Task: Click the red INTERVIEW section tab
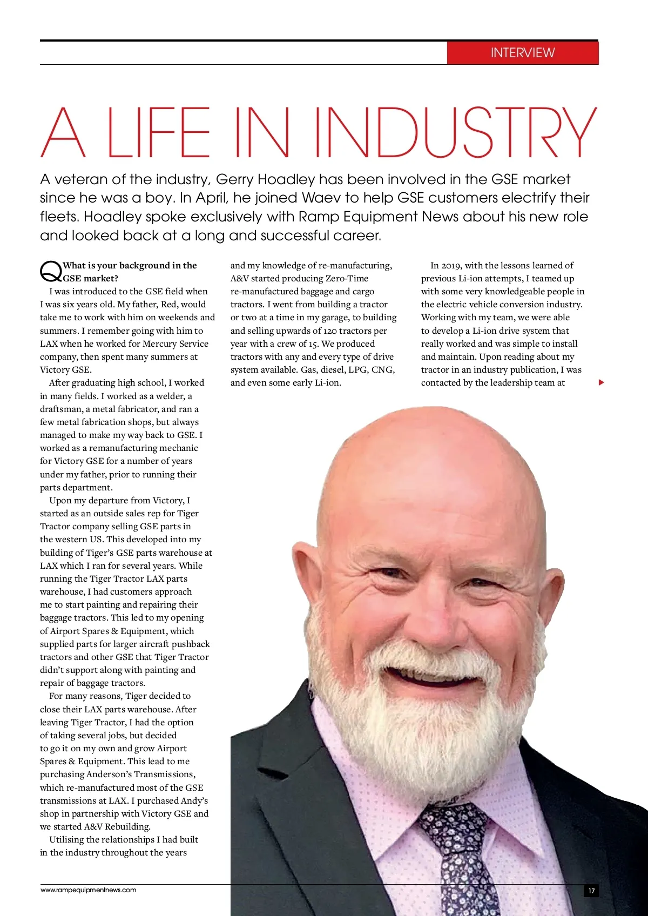[x=522, y=53]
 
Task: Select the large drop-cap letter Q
[x=50, y=271]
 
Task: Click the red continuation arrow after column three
[x=601, y=383]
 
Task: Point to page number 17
[x=591, y=891]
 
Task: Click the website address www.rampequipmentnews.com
[x=89, y=890]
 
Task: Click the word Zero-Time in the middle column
[x=347, y=278]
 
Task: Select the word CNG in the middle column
[x=382, y=369]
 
